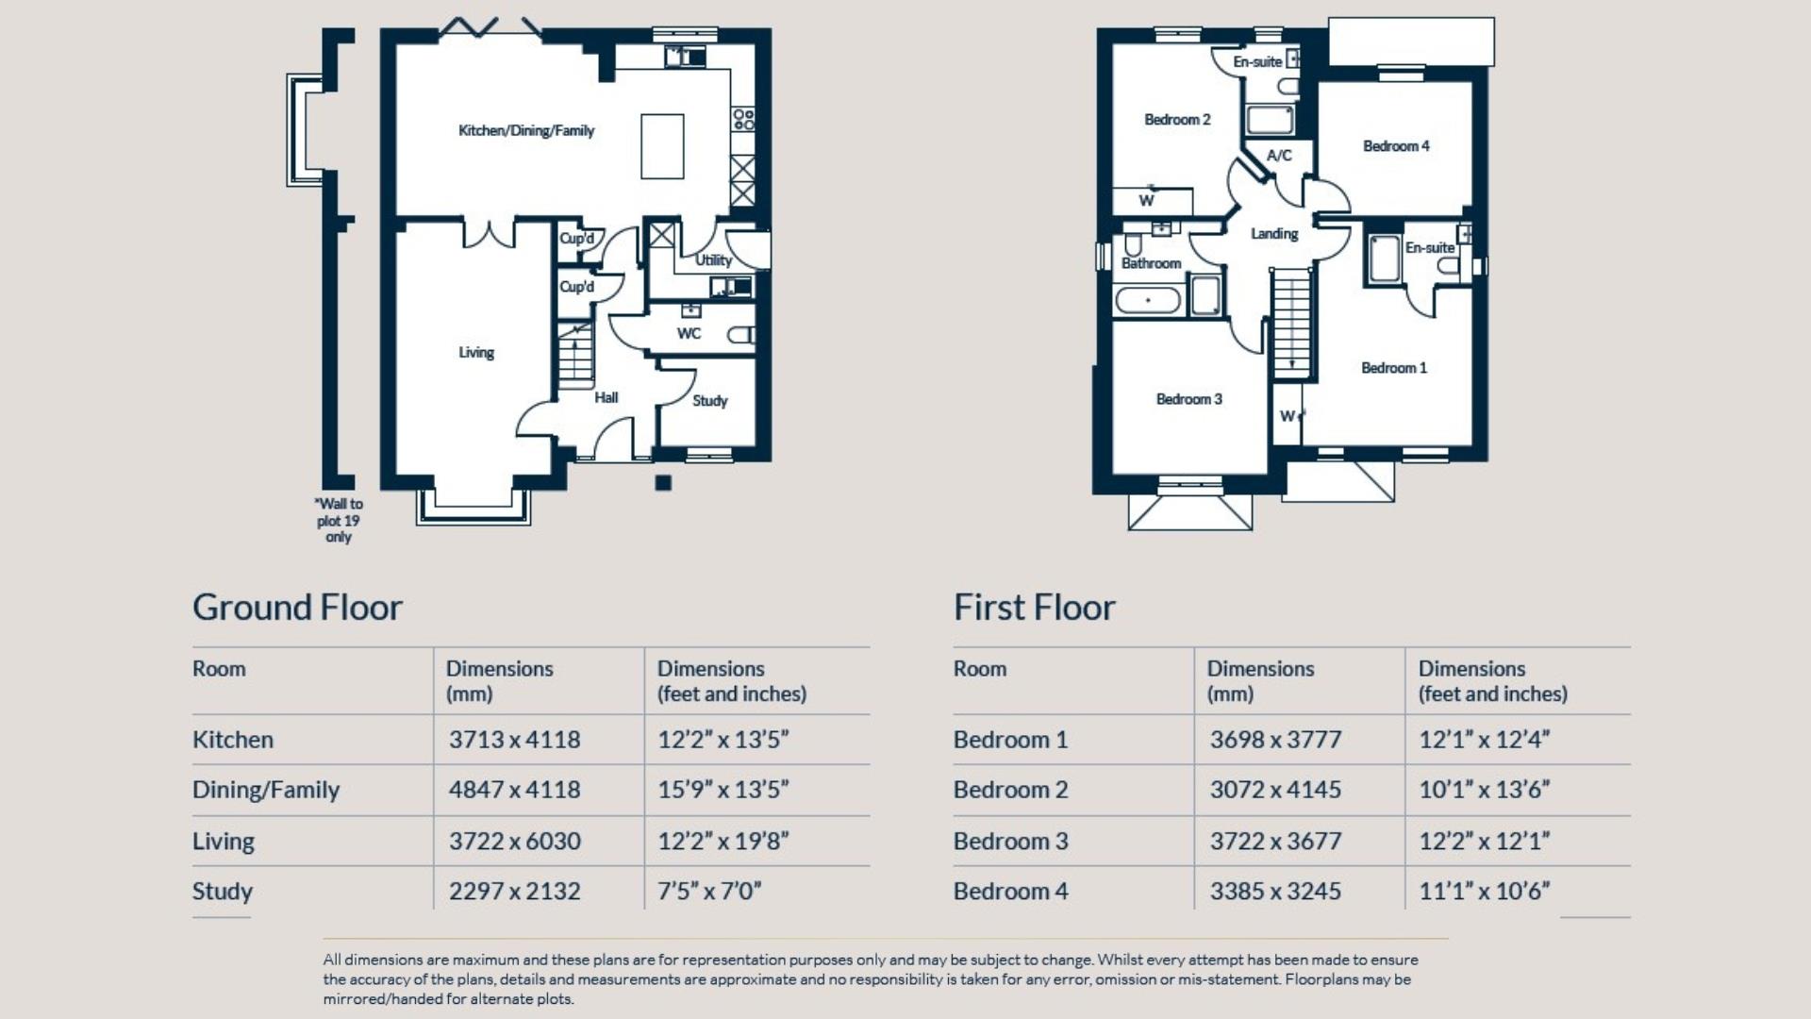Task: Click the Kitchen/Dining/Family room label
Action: click(x=526, y=130)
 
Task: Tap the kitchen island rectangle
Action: click(x=662, y=146)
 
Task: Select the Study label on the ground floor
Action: click(x=709, y=400)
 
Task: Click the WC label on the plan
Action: click(x=689, y=333)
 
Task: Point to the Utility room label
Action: click(x=713, y=259)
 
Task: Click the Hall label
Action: click(x=606, y=397)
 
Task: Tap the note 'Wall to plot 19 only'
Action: click(x=339, y=520)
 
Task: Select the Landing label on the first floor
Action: click(x=1274, y=233)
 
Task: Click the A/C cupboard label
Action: click(x=1279, y=155)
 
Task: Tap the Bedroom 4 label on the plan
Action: click(x=1396, y=145)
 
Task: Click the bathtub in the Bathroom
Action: click(x=1148, y=301)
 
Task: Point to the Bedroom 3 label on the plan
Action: click(x=1188, y=398)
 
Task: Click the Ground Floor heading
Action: click(x=297, y=607)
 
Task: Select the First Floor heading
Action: click(x=1034, y=607)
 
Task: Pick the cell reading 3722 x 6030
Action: click(x=515, y=841)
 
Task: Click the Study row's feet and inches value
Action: click(x=709, y=891)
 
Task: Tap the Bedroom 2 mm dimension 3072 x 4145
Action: click(x=1275, y=790)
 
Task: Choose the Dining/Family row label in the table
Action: click(x=266, y=790)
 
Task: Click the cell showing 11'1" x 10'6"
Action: click(x=1484, y=891)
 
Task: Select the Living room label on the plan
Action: click(x=476, y=352)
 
